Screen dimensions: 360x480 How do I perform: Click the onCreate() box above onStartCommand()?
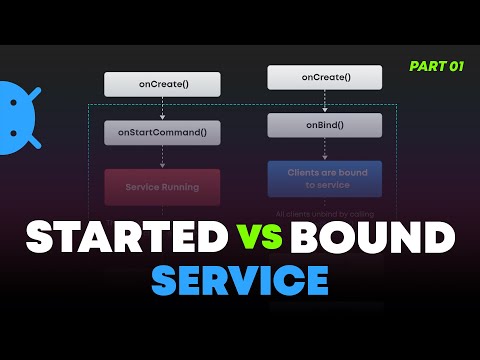pyautogui.click(x=162, y=84)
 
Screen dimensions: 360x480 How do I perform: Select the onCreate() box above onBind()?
pyautogui.click(x=325, y=78)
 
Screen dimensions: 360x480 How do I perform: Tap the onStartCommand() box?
pyautogui.click(x=162, y=132)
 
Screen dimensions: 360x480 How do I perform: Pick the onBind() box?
pyautogui.click(x=325, y=125)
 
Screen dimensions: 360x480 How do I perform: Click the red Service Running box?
pyautogui.click(x=162, y=187)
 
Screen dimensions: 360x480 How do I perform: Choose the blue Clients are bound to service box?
pyautogui.click(x=325, y=178)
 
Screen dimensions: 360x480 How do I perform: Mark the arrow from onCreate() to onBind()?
pyautogui.click(x=325, y=101)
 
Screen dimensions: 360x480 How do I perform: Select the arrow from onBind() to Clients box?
pyautogui.click(x=325, y=149)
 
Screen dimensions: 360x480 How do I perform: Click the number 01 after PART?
pyautogui.click(x=455, y=65)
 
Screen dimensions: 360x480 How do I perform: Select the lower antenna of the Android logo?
pyautogui.click(x=34, y=141)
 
